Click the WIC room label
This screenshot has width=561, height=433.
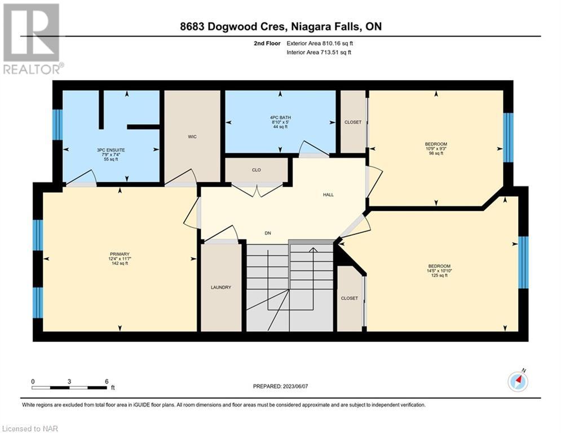point(192,136)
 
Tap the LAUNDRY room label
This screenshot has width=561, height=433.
point(221,288)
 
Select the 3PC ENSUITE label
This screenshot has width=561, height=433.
point(111,151)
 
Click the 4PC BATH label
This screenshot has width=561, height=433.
point(281,117)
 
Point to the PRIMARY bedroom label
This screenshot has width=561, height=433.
point(120,254)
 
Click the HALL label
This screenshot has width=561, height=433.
point(328,195)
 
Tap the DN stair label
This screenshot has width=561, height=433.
point(268,233)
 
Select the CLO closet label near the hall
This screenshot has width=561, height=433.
point(256,170)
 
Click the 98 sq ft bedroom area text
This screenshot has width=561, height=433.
point(436,153)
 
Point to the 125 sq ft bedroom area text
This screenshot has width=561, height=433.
point(439,276)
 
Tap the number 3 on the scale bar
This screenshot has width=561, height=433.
point(69,382)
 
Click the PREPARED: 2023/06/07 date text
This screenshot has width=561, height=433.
point(281,386)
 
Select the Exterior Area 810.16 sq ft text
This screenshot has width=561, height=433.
point(320,43)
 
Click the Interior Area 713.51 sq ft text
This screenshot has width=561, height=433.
point(319,52)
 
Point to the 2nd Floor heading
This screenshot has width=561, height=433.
point(267,43)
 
